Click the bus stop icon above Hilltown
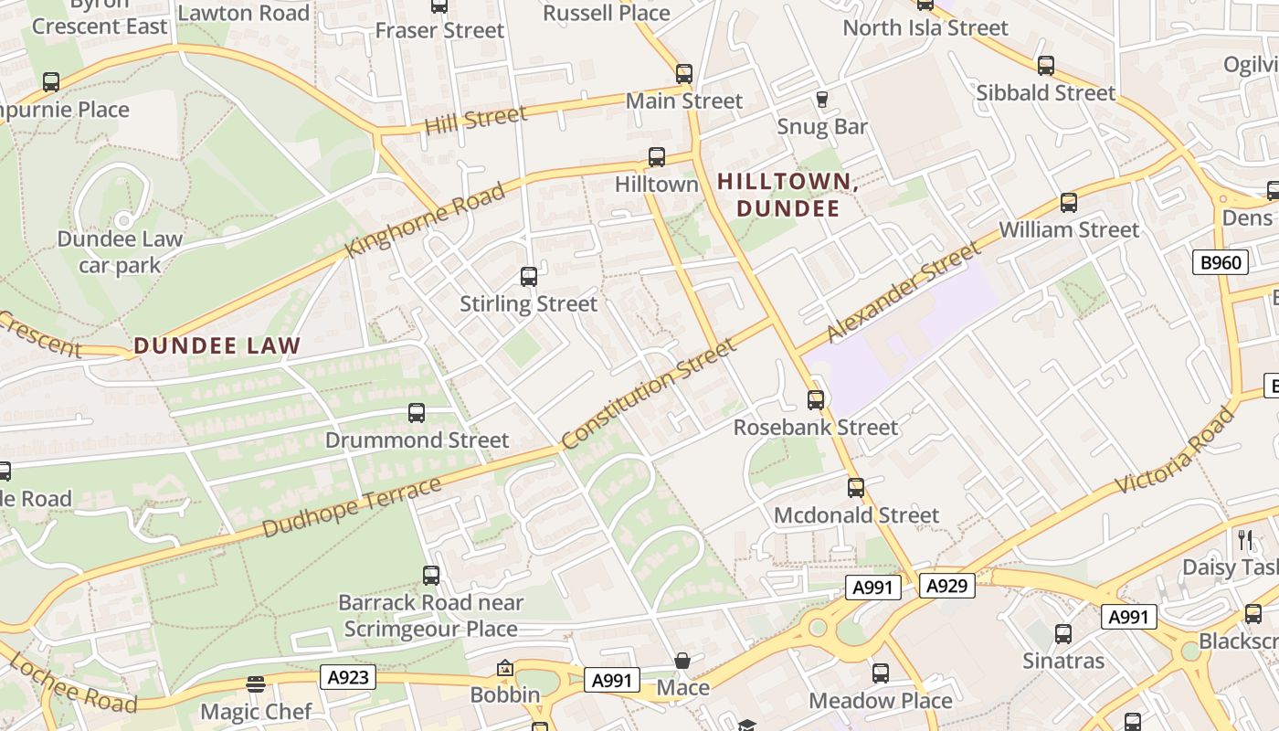656,157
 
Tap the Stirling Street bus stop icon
528,277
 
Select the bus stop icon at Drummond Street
417,413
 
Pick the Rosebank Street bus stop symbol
815,400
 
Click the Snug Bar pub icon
821,99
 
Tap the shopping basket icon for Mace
682,661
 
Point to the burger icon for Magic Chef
256,684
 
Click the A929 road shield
946,586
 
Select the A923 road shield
348,677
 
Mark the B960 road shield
1221,263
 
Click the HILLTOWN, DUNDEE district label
787,196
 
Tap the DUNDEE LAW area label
217,346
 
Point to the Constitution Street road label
649,394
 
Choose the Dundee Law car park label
120,252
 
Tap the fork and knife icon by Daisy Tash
1244,540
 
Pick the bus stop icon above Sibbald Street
1046,66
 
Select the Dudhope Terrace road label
352,507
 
